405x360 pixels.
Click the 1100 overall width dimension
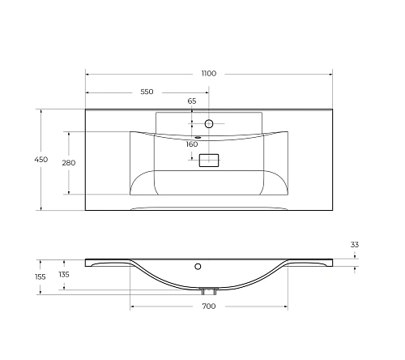(x=208, y=73)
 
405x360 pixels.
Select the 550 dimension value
(x=147, y=92)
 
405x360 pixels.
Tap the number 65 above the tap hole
(x=192, y=101)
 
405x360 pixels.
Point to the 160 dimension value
(x=192, y=144)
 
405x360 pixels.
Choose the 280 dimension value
(x=69, y=163)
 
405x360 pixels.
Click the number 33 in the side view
(x=355, y=244)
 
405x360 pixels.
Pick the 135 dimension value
(x=64, y=276)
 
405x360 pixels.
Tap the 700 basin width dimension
(x=208, y=306)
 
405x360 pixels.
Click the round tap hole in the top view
(x=208, y=124)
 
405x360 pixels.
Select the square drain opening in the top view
(x=209, y=161)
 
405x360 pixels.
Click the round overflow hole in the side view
(x=197, y=265)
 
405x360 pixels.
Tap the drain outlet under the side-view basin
(x=208, y=290)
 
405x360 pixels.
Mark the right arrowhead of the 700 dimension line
(x=285, y=306)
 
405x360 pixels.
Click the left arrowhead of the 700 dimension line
(x=132, y=306)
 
